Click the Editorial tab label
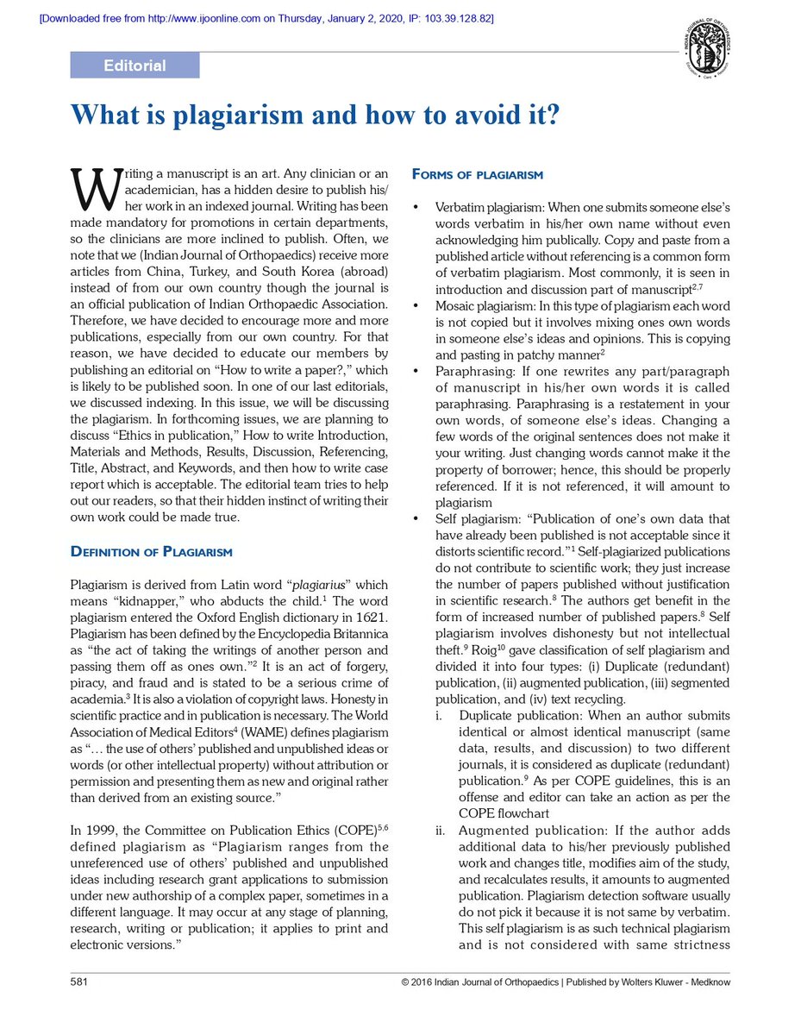tap(135, 66)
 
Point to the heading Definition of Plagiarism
tap(151, 551)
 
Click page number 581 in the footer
tap(79, 982)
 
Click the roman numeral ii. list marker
tap(440, 831)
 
